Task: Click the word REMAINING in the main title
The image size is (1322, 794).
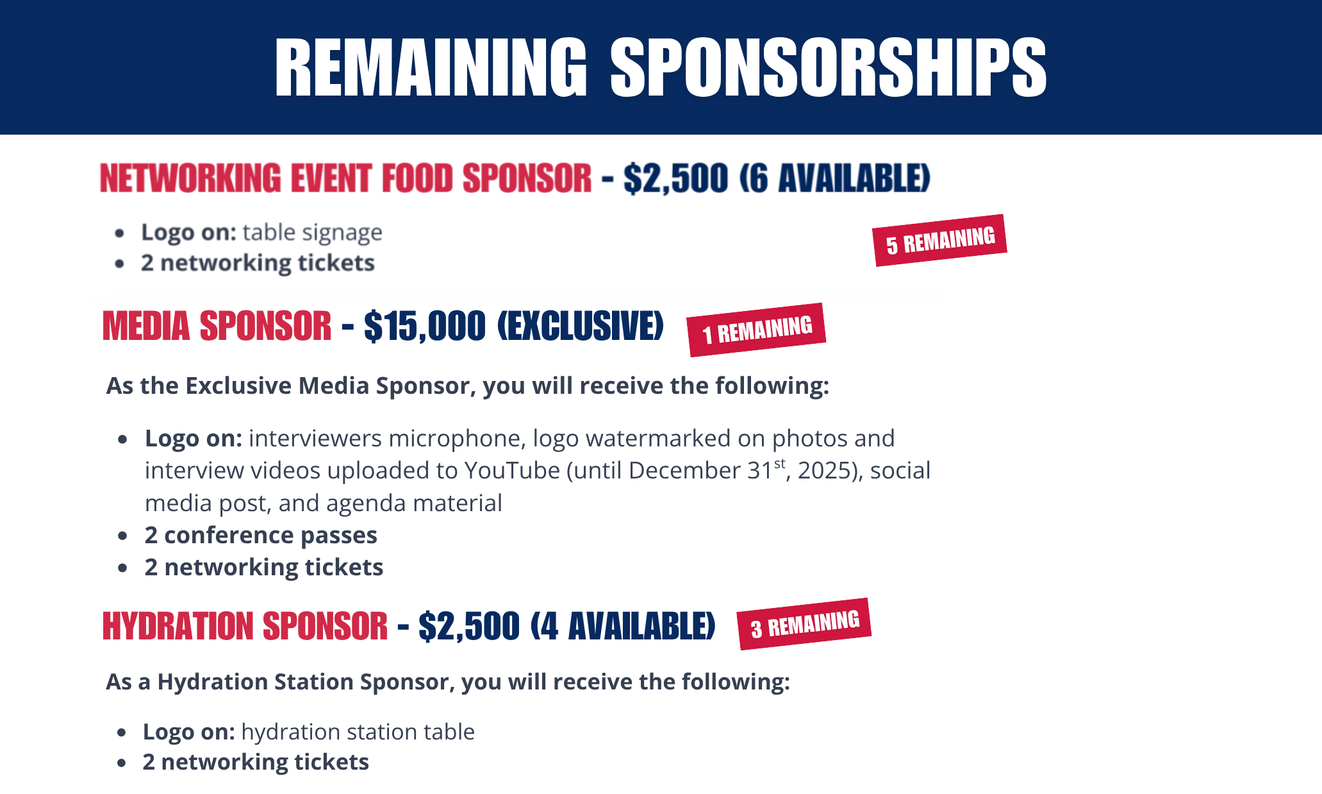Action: pos(431,67)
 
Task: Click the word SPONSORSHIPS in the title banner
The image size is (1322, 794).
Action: pos(828,67)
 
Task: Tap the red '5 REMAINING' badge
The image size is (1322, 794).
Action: pos(940,241)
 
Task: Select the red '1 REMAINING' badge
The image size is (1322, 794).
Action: pos(756,330)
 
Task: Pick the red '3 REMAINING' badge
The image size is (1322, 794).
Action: pos(804,625)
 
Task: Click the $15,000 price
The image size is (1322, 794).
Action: pos(425,326)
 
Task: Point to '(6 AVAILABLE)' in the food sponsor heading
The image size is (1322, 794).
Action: pos(834,178)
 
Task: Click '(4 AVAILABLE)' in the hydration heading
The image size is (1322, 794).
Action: pos(622,627)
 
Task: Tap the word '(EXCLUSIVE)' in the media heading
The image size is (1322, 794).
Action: pos(580,326)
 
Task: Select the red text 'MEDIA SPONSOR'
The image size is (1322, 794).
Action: pos(217,326)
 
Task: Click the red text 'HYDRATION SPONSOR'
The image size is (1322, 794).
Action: pos(245,627)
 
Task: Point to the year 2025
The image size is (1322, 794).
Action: pos(827,471)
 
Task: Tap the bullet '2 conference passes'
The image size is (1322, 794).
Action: pos(261,535)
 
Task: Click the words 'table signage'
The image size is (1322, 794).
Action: pos(312,232)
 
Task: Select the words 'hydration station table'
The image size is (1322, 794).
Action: pos(358,732)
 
